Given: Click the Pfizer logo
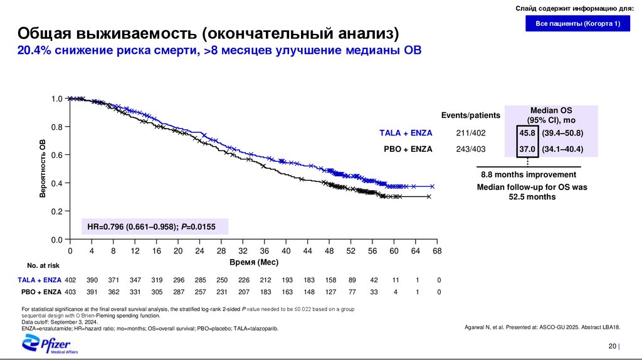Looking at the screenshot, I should coord(50,344).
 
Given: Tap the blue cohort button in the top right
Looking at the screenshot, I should coord(578,24).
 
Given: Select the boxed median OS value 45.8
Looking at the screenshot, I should coord(527,133).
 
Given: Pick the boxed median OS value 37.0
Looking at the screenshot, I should coord(527,149).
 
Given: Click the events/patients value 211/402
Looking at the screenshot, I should coord(471,133).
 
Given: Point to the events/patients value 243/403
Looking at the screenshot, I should coord(471,149).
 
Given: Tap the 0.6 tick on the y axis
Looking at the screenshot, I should coord(57,155).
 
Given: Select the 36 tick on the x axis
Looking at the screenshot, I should coord(265,251).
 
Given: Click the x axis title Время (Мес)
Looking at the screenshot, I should coord(254,262).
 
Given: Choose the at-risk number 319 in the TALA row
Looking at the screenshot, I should coord(157,280).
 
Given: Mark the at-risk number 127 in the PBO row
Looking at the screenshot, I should coord(330,292).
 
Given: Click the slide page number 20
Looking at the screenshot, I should coord(612,347).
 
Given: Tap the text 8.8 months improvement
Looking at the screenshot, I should coord(529,174).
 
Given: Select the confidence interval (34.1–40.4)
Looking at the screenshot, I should coord(563,149).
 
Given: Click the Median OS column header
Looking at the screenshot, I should coord(552,115).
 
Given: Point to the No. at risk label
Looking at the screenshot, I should coord(43,265).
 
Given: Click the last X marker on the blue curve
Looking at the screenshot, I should coord(431,186).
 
